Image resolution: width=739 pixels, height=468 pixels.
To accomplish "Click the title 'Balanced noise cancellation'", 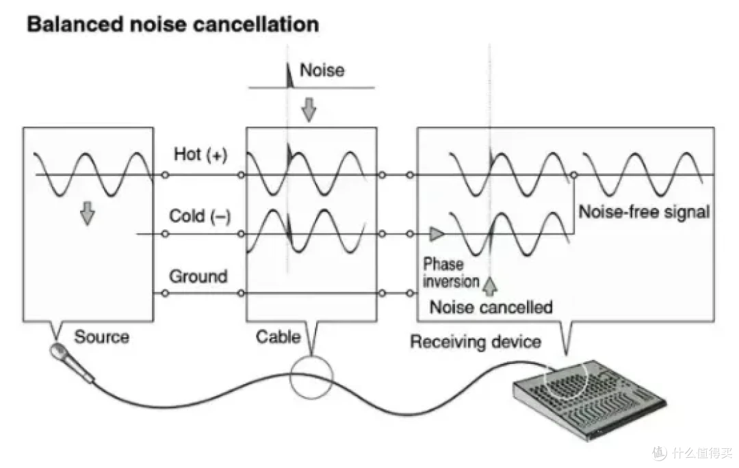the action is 172,24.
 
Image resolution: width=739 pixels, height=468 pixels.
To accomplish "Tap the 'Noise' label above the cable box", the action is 322,70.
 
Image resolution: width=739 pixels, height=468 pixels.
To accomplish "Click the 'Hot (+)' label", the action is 200,154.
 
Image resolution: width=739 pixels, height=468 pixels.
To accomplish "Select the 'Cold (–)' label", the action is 200,216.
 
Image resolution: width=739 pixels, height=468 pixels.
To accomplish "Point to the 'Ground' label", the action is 198,276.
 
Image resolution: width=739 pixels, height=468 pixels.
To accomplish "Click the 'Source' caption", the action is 102,337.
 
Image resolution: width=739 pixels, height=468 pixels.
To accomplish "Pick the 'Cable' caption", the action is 278,337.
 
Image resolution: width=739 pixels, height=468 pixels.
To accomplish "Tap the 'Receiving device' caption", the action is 476,341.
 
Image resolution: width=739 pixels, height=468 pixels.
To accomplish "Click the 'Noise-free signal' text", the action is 645,211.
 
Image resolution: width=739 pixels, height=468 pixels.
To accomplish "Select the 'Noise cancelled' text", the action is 491,307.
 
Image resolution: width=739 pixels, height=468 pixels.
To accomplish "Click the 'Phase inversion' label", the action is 450,272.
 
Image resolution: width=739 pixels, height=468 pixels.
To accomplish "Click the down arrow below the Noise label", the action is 309,109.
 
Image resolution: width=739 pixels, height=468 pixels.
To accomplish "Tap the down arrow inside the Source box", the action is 87,213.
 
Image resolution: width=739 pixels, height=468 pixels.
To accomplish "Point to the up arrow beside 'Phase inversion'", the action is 490,285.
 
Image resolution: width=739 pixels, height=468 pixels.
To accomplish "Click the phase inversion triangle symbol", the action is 437,234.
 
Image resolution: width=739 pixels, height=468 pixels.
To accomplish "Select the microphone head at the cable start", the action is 58,352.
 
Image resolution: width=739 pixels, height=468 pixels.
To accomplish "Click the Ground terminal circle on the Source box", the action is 165,293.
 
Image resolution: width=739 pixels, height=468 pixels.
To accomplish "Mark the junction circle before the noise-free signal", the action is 573,175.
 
